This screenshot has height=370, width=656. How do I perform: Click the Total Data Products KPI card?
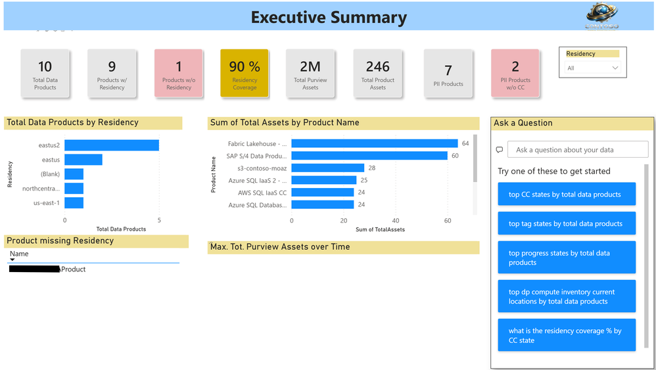(x=45, y=74)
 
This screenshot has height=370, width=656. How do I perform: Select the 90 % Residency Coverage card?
(x=245, y=74)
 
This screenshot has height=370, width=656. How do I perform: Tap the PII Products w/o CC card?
(x=515, y=74)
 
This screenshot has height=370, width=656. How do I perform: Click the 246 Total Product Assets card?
(x=377, y=74)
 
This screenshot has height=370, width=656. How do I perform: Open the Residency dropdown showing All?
(x=593, y=68)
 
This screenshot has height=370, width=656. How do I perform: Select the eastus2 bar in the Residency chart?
(x=112, y=145)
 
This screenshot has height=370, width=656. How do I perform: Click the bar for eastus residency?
(x=83, y=160)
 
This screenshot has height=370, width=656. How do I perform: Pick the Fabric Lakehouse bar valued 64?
(x=375, y=143)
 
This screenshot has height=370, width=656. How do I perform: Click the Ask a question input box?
(x=578, y=150)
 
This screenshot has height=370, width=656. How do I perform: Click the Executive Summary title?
(x=329, y=18)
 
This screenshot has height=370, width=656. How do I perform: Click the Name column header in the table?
(x=20, y=254)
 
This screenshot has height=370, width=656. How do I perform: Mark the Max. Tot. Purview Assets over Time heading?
(x=280, y=247)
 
